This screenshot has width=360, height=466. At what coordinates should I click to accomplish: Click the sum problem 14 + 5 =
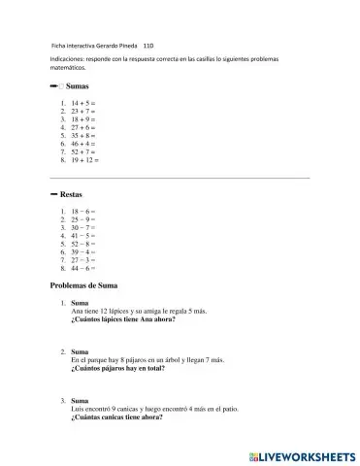coord(82,102)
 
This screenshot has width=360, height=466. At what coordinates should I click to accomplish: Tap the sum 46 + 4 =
coord(82,144)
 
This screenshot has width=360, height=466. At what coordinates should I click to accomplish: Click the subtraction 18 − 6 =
coord(82,211)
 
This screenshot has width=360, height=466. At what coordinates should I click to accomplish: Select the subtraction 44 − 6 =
coord(82,268)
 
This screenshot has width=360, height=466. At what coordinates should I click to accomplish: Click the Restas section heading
coord(71,194)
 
